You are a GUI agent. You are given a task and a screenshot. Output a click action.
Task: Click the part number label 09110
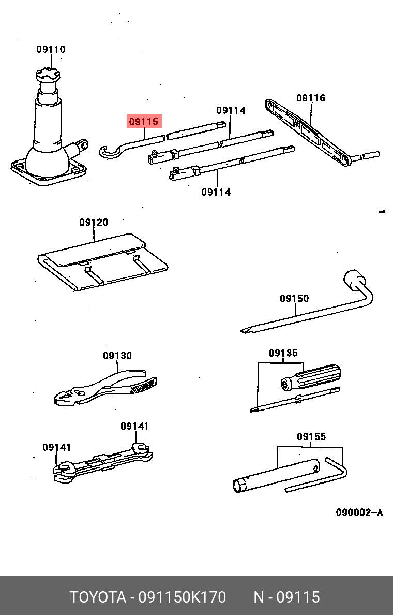[x=51, y=49]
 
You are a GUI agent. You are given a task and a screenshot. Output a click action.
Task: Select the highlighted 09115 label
[x=144, y=122]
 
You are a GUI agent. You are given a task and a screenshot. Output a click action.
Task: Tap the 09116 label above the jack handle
[x=311, y=98]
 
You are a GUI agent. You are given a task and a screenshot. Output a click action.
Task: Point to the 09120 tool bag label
[x=94, y=223]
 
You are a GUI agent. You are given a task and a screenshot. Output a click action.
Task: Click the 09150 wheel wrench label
[x=294, y=299]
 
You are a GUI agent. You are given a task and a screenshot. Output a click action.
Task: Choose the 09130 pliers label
[x=117, y=356]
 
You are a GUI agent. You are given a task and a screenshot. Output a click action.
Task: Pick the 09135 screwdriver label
[x=283, y=353]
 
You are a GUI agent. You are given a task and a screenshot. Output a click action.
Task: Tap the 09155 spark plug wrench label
[x=311, y=436]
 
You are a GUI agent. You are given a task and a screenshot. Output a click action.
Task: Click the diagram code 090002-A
[x=359, y=512]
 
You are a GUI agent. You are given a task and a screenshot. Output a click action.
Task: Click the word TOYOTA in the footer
[x=98, y=597]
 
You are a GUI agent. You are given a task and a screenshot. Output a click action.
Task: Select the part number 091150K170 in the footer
[x=183, y=597]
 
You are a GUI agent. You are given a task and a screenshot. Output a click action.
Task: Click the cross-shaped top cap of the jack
[x=48, y=75]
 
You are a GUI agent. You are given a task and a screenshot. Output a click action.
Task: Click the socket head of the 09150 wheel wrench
[x=355, y=280]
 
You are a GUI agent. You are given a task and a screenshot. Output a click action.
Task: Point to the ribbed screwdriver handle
[x=311, y=377]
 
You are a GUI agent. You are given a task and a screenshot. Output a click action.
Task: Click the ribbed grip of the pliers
[x=143, y=386]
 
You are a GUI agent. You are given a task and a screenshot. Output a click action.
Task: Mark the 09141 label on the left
[x=57, y=447]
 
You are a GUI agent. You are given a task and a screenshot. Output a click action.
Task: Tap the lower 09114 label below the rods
[x=216, y=192]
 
